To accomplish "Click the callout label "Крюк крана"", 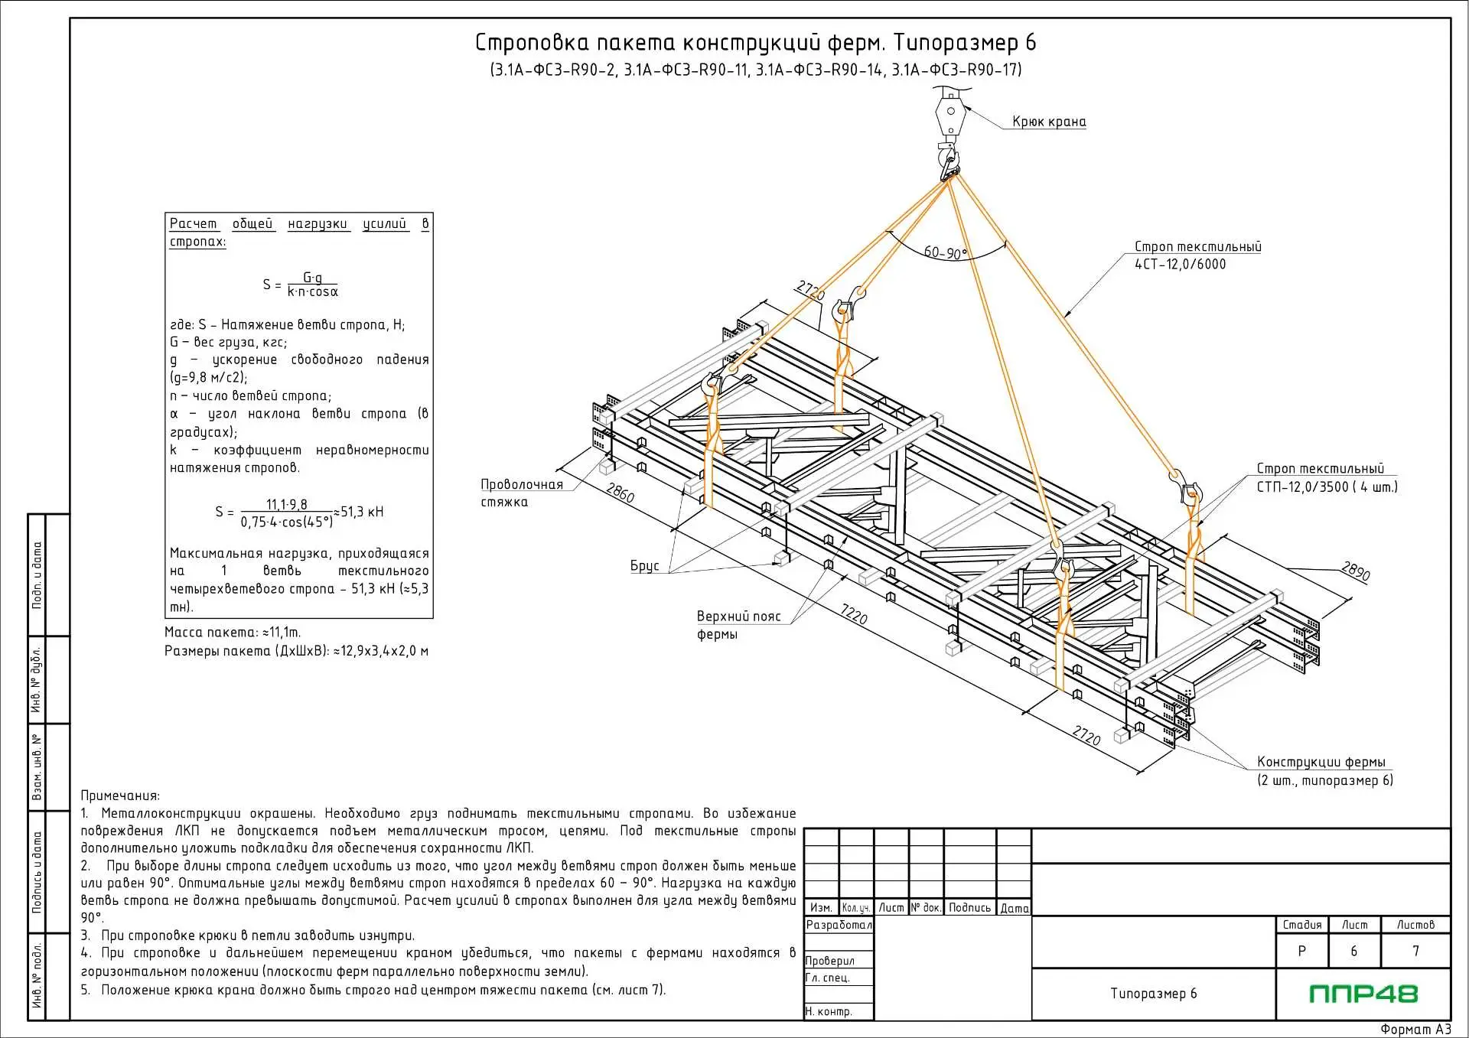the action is coord(1049,122).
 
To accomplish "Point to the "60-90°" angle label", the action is coord(945,252).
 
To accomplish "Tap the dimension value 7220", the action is coord(854,614).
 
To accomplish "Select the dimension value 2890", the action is coord(1355,571).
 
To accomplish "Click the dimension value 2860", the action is coord(620,493).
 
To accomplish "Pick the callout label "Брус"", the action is coord(644,566).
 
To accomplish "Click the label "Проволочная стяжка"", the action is coord(522,493).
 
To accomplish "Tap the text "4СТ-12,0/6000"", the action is coord(1180,265).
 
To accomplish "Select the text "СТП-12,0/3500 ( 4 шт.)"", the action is coord(1327,487).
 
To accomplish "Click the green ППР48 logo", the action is coord(1363,994).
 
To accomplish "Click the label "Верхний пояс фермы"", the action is coord(738,625).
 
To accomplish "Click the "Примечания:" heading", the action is coord(120,796).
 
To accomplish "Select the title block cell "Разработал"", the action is coord(839,925).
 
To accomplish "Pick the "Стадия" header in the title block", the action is coord(1301,925).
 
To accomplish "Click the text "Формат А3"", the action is coord(1415,1030).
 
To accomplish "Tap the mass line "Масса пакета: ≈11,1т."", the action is coord(233,633).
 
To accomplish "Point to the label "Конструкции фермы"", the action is coord(1321,763).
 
